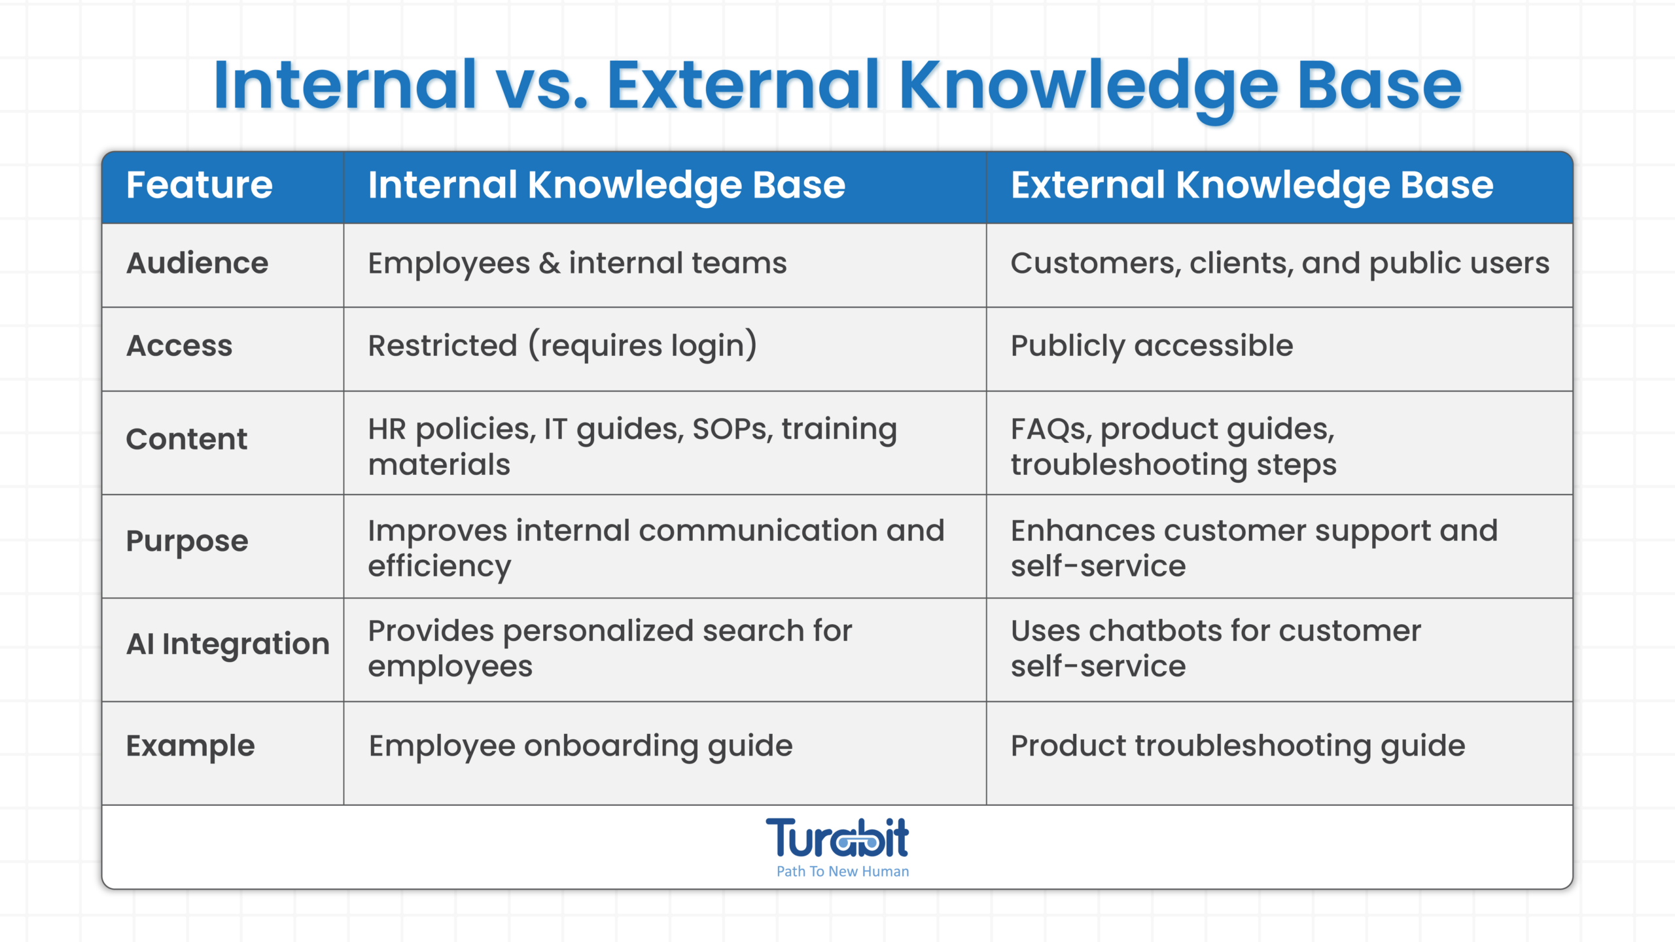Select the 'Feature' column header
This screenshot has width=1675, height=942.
200,184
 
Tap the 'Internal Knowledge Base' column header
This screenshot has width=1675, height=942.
607,186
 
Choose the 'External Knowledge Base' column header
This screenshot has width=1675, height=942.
1252,186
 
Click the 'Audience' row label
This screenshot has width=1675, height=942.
198,263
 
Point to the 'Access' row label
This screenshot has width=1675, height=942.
179,345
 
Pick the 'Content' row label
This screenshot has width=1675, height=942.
187,439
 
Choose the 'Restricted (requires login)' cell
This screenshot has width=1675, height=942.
562,346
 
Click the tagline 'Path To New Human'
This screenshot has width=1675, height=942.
843,871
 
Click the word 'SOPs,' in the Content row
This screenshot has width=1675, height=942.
733,430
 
